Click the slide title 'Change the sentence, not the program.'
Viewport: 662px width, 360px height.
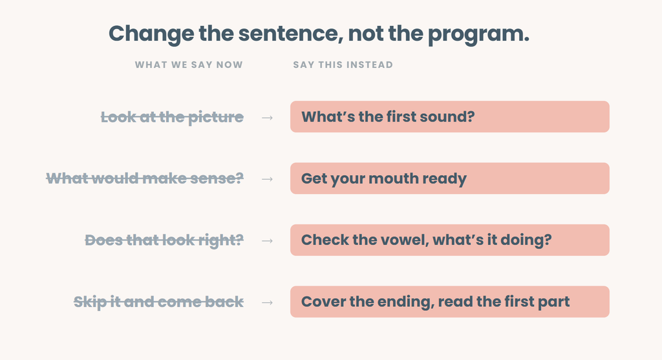click(319, 34)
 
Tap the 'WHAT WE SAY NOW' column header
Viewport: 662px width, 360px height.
click(189, 65)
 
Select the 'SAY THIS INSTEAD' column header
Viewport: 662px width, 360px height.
click(343, 65)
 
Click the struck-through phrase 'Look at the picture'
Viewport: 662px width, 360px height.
click(172, 117)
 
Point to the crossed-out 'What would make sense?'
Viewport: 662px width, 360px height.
click(145, 178)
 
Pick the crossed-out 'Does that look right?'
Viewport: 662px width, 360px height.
click(164, 240)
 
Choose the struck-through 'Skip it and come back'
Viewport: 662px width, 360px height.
click(159, 302)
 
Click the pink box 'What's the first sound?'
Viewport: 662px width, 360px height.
click(450, 116)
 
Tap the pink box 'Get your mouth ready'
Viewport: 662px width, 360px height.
click(450, 178)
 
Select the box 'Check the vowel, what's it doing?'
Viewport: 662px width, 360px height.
click(450, 240)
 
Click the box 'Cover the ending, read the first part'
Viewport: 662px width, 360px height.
click(450, 301)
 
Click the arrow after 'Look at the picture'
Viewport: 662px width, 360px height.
click(267, 118)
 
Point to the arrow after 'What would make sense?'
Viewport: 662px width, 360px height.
click(267, 179)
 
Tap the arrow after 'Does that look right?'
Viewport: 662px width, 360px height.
click(267, 240)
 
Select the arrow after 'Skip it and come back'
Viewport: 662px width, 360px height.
click(267, 302)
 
